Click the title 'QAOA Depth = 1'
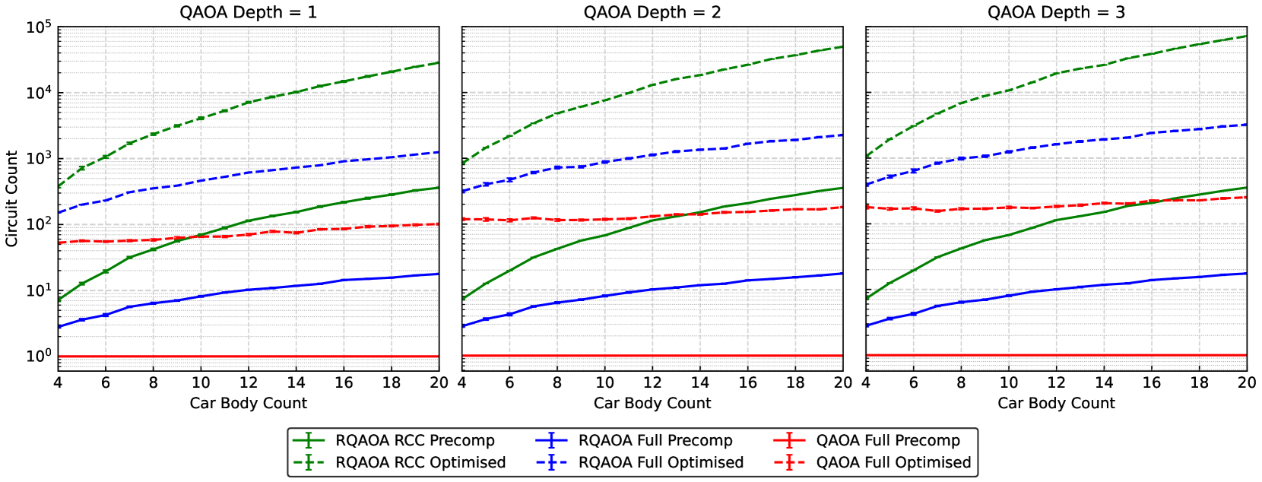coord(248,12)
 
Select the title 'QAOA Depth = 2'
coord(652,12)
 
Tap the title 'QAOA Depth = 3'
coord(1056,12)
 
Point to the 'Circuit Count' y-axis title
coord(11,198)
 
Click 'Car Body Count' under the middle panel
coord(652,403)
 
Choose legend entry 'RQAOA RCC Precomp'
coord(414,440)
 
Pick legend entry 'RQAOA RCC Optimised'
coord(420,462)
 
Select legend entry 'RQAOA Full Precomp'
coord(655,440)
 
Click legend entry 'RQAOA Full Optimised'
coord(661,462)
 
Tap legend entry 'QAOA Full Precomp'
coord(888,440)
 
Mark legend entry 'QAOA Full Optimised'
coord(893,462)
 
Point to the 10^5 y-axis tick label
coord(38,27)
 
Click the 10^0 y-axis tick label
coord(38,356)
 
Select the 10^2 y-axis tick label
coord(38,224)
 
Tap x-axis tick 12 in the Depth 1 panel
coord(249,382)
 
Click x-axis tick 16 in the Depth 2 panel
coord(748,382)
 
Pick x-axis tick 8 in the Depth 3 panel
coord(961,382)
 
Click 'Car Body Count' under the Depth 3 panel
coord(1056,403)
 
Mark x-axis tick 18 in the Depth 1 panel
coord(392,382)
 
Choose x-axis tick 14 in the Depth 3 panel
coord(1104,382)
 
